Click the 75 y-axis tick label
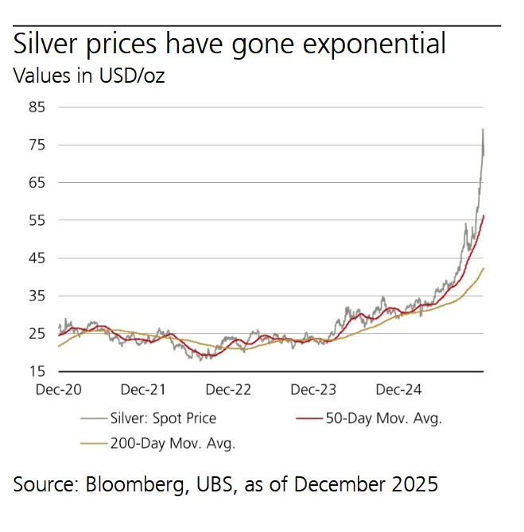click(36, 145)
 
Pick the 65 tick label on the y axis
click(36, 182)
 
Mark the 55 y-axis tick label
click(36, 220)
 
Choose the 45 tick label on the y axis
click(36, 258)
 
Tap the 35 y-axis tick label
click(36, 296)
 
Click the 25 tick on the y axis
click(36, 334)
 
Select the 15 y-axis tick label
click(36, 371)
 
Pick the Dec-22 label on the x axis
click(228, 390)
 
